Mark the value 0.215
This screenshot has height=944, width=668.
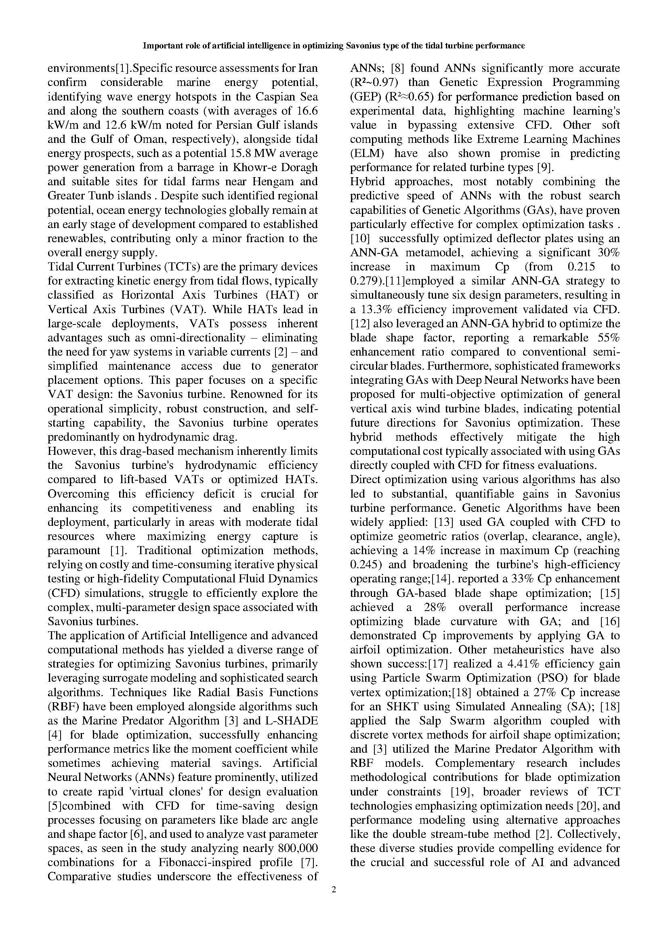pyautogui.click(x=581, y=267)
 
